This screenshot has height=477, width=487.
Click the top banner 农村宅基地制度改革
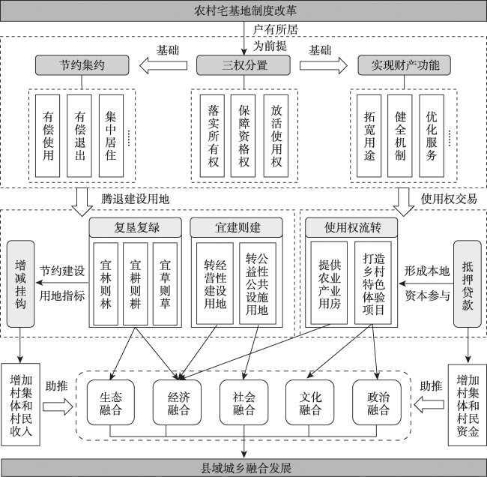[243, 11]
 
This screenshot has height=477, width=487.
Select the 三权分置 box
[243, 65]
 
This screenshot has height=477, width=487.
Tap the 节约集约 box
[82, 65]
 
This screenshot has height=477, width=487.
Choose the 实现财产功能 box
[405, 65]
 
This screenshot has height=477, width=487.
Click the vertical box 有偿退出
[79, 136]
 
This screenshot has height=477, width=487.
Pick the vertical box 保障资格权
[243, 136]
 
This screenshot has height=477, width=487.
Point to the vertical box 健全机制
[400, 136]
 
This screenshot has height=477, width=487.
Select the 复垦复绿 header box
[136, 227]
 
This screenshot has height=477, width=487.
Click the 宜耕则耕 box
[135, 284]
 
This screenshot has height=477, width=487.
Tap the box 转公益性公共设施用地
[258, 283]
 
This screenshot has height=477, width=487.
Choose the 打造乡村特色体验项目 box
[373, 283]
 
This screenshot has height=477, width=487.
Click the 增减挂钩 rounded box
[20, 284]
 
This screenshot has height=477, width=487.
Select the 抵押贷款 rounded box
[468, 284]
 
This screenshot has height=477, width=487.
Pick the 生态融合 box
[111, 402]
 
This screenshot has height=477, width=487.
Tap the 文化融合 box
[310, 402]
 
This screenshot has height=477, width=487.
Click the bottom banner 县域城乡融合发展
[243, 468]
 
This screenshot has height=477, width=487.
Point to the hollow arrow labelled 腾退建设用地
[82, 202]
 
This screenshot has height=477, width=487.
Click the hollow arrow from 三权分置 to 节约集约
[163, 65]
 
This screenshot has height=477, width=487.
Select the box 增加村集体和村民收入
[21, 404]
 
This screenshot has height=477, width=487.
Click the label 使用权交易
[449, 199]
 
